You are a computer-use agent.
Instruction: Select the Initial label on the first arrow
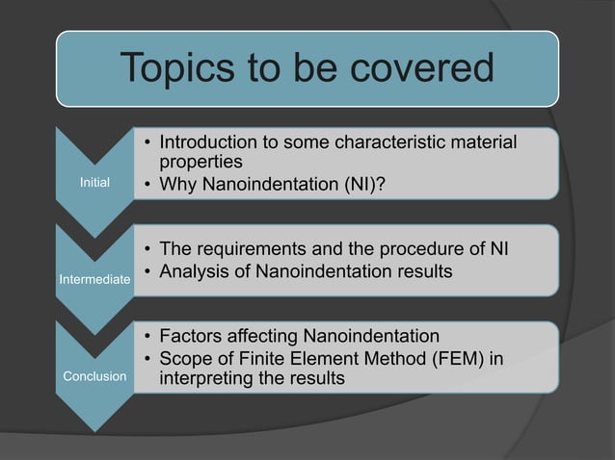click(x=94, y=181)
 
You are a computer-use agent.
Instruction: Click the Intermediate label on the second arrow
click(x=94, y=279)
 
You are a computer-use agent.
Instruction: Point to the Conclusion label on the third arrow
click(x=94, y=376)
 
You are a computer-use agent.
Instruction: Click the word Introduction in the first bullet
click(x=209, y=143)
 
